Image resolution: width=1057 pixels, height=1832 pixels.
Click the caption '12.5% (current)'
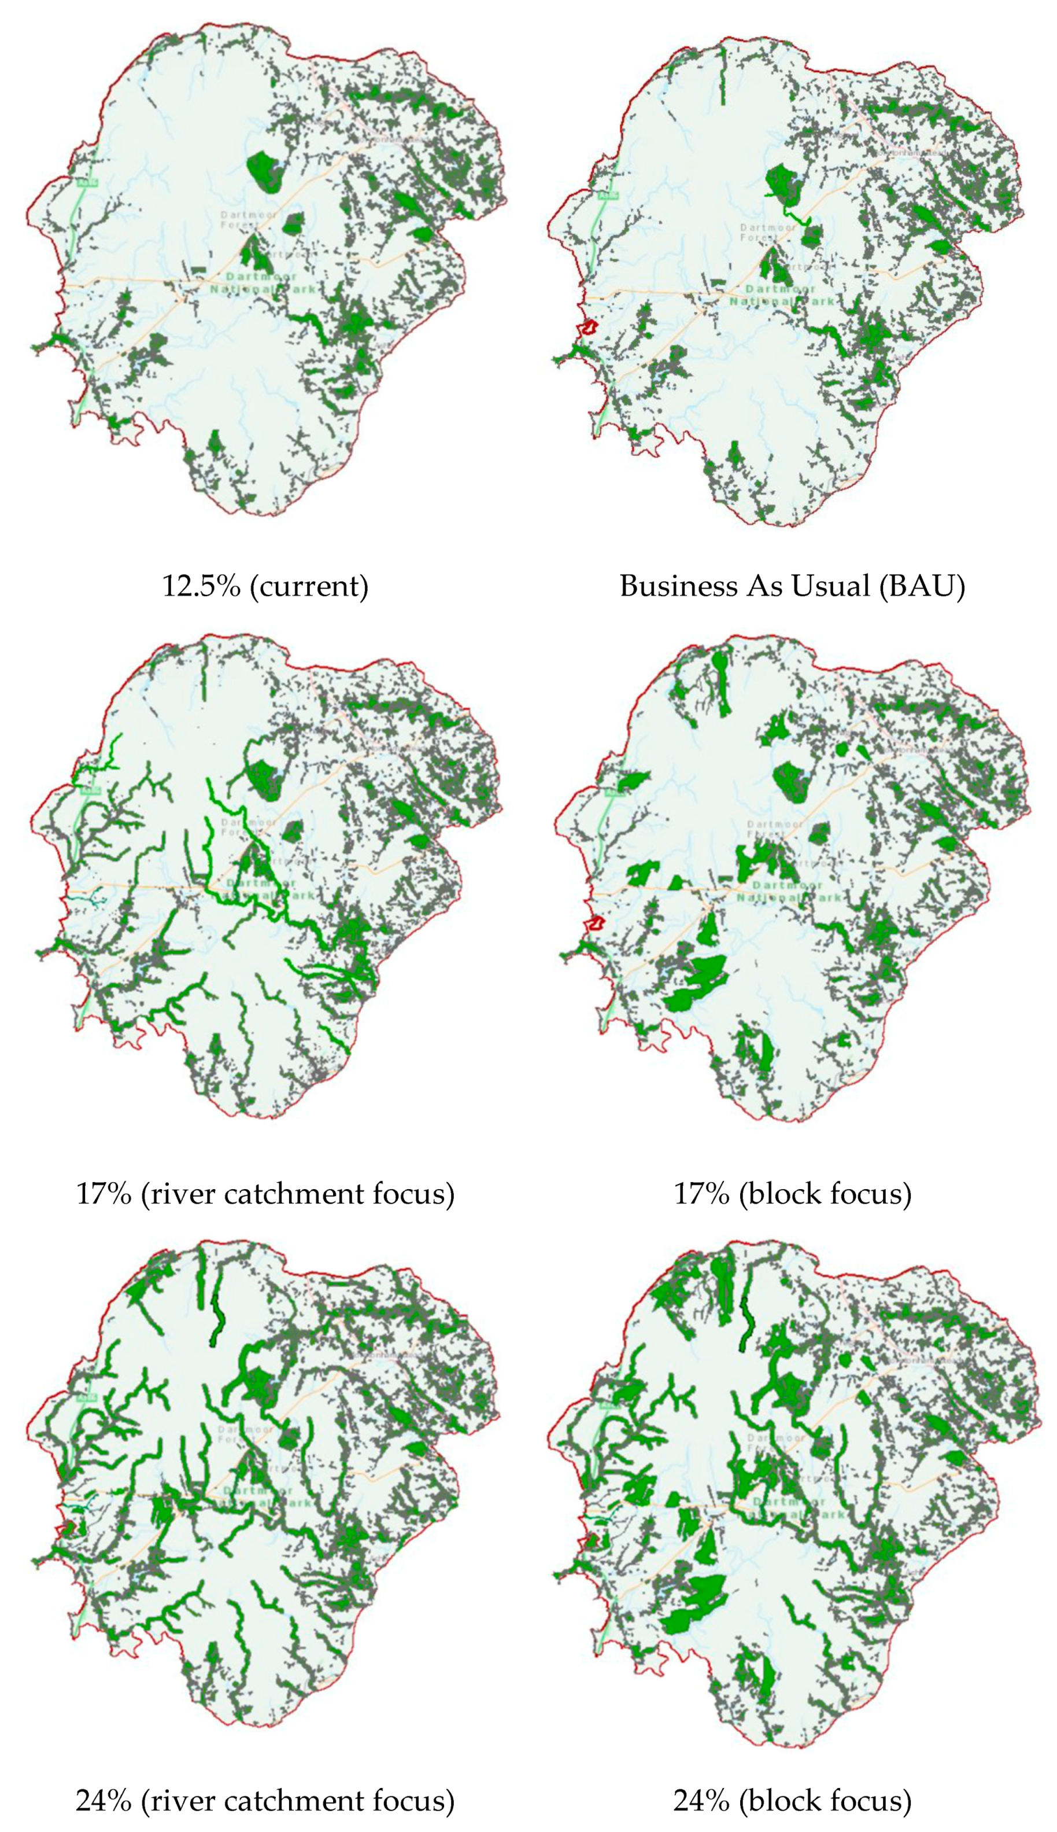[265, 586]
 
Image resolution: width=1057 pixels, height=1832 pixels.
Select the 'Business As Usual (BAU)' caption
[792, 586]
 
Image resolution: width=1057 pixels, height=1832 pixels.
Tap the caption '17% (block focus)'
[792, 1194]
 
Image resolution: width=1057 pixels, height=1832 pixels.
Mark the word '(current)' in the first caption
[309, 586]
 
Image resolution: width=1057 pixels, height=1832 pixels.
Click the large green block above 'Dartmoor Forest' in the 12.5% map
[265, 171]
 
